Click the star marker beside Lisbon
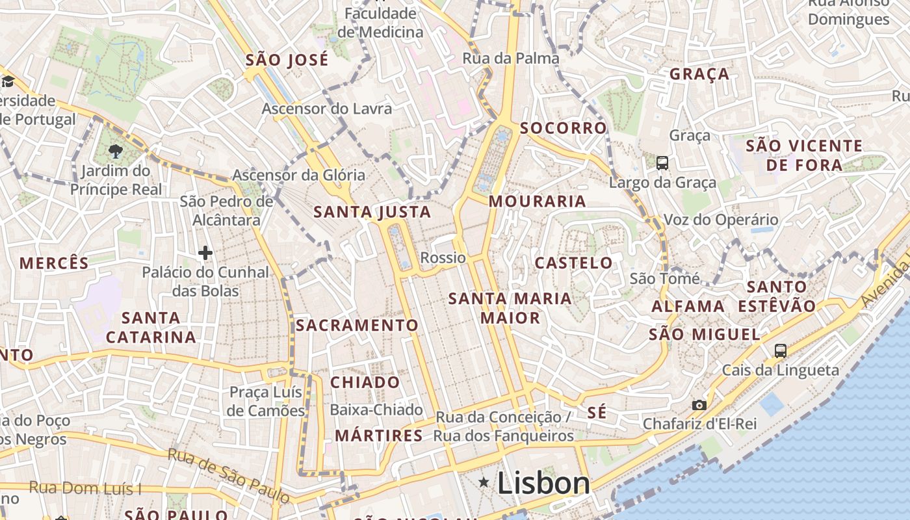pos(484,482)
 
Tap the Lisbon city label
pos(543,483)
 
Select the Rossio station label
pos(443,257)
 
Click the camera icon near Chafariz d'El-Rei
pos(699,405)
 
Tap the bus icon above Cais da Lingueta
pos(781,351)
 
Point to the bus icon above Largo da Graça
pos(662,163)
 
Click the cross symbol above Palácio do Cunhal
pos(205,252)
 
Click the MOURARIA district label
pos(538,201)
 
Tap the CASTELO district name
pos(573,263)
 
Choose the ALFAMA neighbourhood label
pos(688,306)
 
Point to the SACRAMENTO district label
pos(357,325)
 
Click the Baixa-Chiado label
pos(376,410)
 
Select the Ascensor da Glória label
pos(299,175)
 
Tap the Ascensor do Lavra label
pos(327,109)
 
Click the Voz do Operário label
pos(720,220)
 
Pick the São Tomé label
pos(665,279)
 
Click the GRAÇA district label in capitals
pos(699,74)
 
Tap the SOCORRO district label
pos(563,128)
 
